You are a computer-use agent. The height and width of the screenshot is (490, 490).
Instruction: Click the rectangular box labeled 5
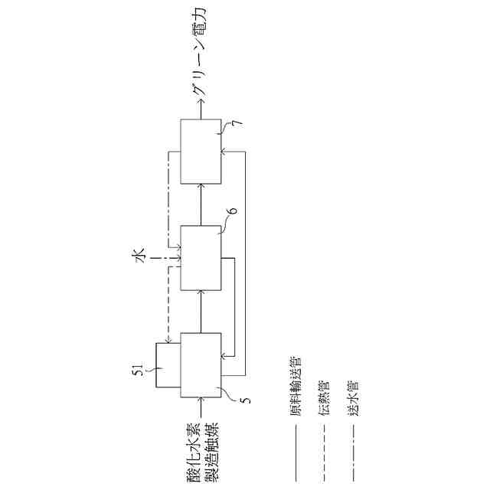pos(201,365)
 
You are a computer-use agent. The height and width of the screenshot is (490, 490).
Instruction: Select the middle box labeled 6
pos(201,258)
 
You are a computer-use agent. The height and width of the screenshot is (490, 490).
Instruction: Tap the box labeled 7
pos(201,152)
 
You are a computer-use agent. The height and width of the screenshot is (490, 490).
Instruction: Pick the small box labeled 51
pos(167,366)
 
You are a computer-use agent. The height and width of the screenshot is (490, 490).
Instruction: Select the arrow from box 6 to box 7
pos(201,204)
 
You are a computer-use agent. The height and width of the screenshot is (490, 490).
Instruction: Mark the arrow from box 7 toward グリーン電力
pos(201,110)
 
